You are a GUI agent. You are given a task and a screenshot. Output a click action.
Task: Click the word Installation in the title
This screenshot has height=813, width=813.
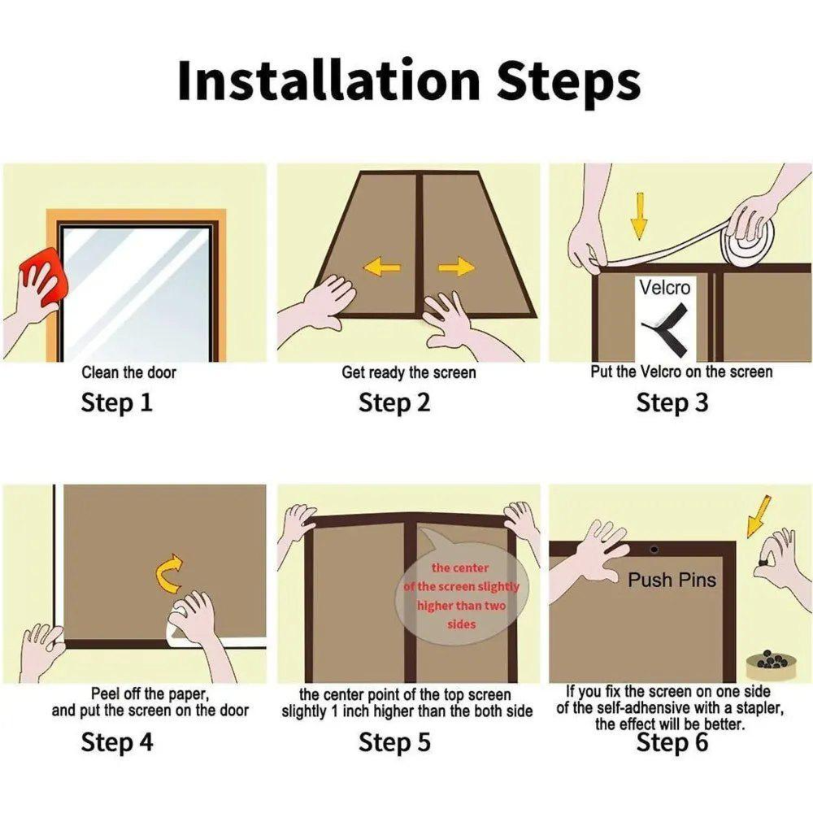(x=328, y=80)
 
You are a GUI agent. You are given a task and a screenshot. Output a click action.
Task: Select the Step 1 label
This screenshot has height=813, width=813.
(x=116, y=402)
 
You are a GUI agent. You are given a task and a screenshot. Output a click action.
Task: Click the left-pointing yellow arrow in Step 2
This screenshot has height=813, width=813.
(x=382, y=267)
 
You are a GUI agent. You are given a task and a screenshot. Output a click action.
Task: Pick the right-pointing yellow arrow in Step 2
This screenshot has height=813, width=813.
(x=456, y=267)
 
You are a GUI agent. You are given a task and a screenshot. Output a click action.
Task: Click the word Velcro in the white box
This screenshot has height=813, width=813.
(x=664, y=287)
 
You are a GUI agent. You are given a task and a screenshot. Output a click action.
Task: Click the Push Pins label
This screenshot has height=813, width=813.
(x=672, y=580)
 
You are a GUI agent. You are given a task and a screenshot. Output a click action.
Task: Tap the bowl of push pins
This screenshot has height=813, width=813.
(x=771, y=666)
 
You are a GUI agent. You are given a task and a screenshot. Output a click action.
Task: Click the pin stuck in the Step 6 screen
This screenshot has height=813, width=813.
(x=654, y=550)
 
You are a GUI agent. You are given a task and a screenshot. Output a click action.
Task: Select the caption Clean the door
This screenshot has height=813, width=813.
(x=128, y=372)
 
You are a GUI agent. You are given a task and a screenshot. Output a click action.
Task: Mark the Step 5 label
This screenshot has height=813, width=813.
(x=394, y=742)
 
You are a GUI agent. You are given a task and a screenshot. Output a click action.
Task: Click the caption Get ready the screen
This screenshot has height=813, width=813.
(x=409, y=372)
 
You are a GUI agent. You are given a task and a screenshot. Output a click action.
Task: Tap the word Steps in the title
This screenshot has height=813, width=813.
(x=568, y=81)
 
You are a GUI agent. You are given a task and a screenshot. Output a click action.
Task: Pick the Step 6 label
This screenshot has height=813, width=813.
(x=672, y=742)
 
